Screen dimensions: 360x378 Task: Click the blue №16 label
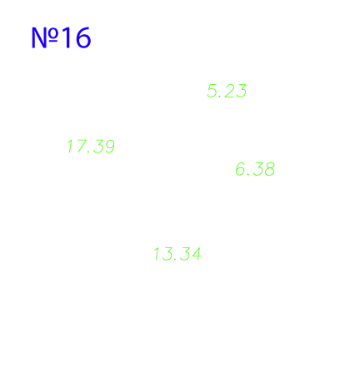[x=61, y=37]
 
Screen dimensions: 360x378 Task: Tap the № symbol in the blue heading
[x=45, y=37]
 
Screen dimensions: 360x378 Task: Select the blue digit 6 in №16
[x=83, y=37]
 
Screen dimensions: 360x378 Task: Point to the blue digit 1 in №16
[x=67, y=37]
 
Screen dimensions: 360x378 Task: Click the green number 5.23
[x=227, y=91]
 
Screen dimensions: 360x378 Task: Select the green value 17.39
[x=91, y=147]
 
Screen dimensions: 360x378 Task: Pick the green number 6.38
[x=255, y=169]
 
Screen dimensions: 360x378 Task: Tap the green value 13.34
[x=177, y=254]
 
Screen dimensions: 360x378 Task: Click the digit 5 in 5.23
[x=212, y=91]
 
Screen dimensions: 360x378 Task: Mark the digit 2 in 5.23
[x=228, y=91]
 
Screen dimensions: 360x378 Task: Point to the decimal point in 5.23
[x=220, y=97]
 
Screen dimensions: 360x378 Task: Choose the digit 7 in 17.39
[x=80, y=147]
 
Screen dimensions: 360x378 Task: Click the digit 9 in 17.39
[x=109, y=147]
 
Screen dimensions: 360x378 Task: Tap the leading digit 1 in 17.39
[x=69, y=147]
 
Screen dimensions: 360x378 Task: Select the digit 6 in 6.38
[x=240, y=169]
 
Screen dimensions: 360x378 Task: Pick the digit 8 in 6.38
[x=269, y=169]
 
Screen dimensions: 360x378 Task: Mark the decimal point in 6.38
[x=248, y=175]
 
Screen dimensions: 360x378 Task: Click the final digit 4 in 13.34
[x=197, y=254]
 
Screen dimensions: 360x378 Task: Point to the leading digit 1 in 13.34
[x=157, y=254]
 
